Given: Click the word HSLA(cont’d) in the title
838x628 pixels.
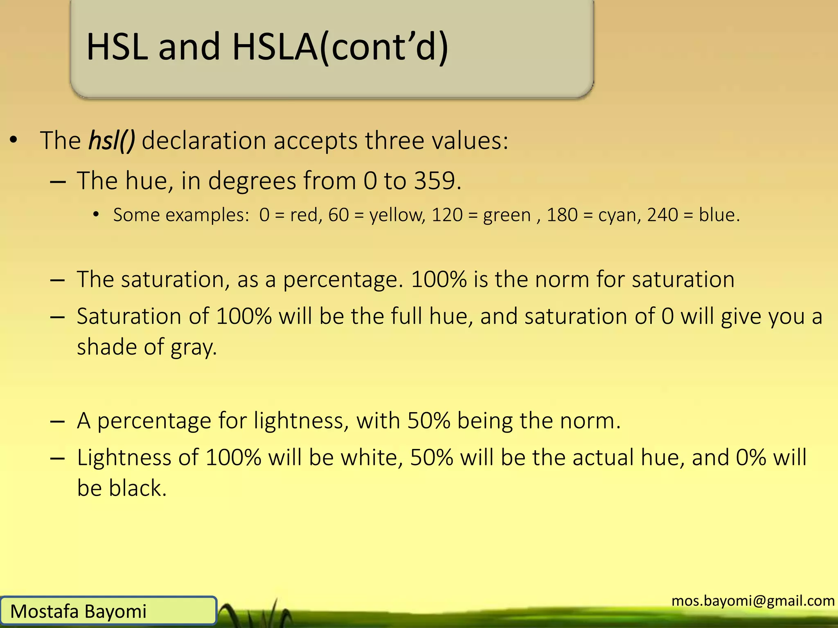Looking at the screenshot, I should [340, 47].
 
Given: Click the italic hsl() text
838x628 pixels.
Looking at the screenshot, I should [111, 141].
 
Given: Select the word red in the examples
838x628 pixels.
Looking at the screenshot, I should [304, 215].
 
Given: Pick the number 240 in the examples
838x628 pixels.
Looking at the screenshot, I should [662, 215].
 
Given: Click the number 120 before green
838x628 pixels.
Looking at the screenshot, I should [447, 215].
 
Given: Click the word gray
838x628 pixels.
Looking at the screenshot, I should [193, 348].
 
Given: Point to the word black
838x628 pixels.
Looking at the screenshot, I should [137, 488].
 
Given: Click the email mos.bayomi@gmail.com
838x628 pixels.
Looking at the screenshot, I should [753, 601].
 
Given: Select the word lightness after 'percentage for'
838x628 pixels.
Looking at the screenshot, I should [301, 421].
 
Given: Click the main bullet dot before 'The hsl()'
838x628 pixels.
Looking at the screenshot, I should [14, 140].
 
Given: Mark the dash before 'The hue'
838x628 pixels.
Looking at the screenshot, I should [58, 181].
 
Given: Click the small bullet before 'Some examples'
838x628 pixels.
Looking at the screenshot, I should [96, 214].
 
